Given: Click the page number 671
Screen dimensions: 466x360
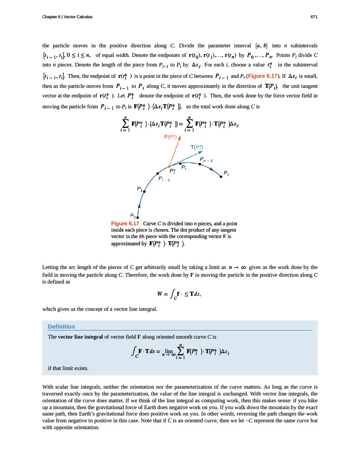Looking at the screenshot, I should click(x=314, y=17).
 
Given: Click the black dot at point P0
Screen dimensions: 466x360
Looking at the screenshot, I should click(x=137, y=218).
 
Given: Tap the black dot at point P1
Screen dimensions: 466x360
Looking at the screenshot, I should click(x=144, y=192).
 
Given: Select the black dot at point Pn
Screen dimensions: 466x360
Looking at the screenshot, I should click(x=221, y=177).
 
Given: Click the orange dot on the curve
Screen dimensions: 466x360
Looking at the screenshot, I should click(x=169, y=167).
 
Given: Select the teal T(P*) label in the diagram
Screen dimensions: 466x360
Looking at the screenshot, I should click(x=197, y=147).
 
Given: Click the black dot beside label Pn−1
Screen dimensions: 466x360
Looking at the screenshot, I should click(x=199, y=164).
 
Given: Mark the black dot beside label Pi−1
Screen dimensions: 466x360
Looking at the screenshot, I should click(x=157, y=173).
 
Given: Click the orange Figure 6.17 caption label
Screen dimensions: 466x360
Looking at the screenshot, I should click(x=125, y=223).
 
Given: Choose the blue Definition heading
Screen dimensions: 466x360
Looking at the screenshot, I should click(x=61, y=326).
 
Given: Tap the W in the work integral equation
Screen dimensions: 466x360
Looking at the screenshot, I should click(x=161, y=294).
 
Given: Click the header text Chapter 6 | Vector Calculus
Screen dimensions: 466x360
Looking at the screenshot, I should click(x=67, y=17).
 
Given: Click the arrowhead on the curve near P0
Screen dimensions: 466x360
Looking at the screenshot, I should click(x=138, y=206).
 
